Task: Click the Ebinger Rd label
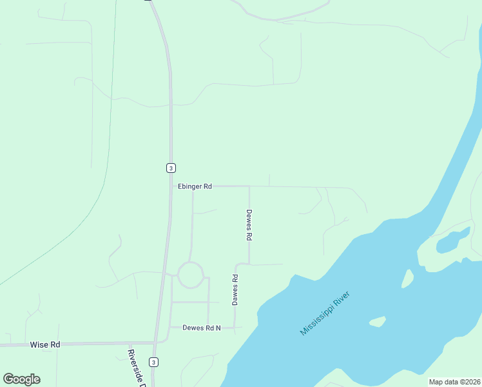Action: (195, 186)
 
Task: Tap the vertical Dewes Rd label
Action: (249, 224)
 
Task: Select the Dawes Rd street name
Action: (236, 290)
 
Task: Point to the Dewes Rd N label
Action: (202, 328)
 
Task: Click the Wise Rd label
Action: (45, 345)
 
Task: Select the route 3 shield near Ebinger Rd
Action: (170, 168)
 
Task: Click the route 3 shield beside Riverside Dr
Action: (153, 362)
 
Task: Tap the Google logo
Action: (22, 379)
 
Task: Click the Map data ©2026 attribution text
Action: (454, 382)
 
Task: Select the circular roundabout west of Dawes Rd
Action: (191, 275)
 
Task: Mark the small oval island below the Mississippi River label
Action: (377, 321)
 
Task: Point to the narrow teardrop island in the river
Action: (407, 279)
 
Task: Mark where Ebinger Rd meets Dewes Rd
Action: (249, 186)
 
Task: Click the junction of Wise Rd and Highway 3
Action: (155, 342)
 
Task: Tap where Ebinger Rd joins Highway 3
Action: (171, 186)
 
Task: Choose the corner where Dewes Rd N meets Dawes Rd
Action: (235, 327)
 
